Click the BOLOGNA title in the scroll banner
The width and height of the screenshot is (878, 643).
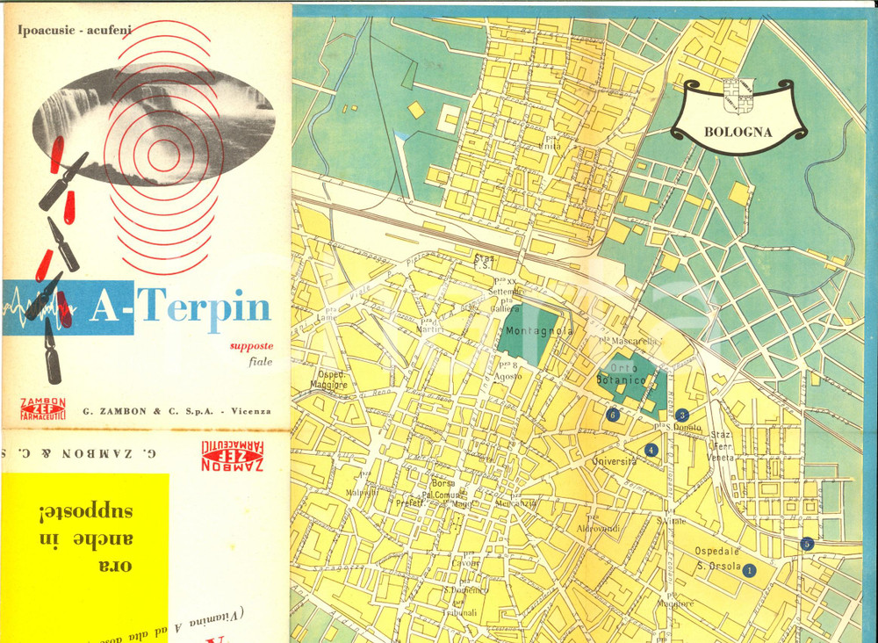[x=738, y=134]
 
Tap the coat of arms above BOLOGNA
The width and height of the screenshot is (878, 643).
[x=738, y=94]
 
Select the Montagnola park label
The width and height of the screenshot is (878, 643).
[x=539, y=332]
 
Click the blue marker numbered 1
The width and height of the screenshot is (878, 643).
[x=749, y=570]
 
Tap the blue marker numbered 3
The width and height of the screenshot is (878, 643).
[x=682, y=415]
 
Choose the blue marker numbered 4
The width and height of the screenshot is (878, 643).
[x=651, y=450]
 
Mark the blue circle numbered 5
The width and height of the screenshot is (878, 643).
[x=808, y=544]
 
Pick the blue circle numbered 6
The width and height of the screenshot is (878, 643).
[x=613, y=415]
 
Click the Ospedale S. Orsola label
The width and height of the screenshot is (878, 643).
[x=719, y=559]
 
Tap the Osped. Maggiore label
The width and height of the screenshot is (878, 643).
[x=328, y=379]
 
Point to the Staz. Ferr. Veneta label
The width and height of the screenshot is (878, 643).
[x=721, y=445]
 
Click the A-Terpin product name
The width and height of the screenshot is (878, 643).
[x=180, y=307]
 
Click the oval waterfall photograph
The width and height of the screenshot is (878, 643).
[x=154, y=112]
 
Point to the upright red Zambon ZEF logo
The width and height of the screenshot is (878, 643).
[x=42, y=408]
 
